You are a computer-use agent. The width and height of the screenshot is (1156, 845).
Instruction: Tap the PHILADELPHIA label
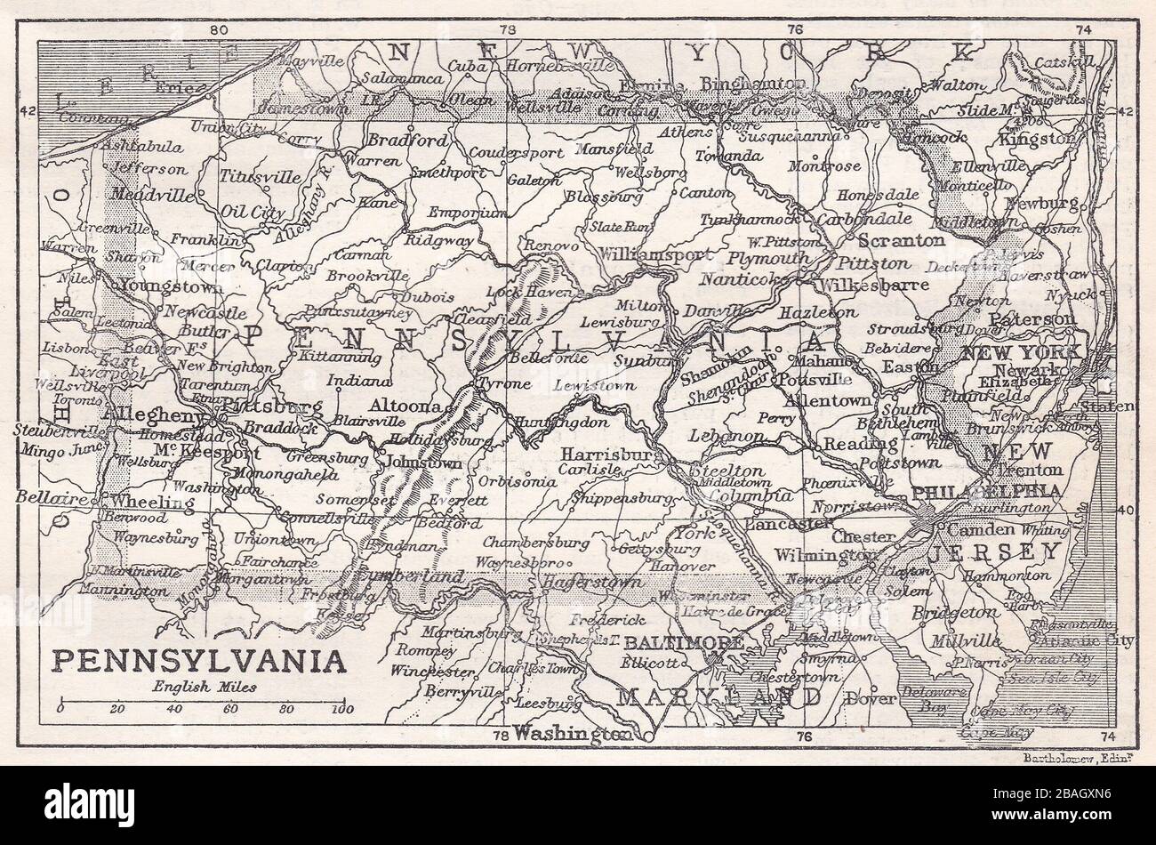(986, 491)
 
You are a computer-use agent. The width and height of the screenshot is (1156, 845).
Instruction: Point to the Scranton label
(901, 240)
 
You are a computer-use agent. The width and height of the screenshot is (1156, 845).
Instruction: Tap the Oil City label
(228, 213)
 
